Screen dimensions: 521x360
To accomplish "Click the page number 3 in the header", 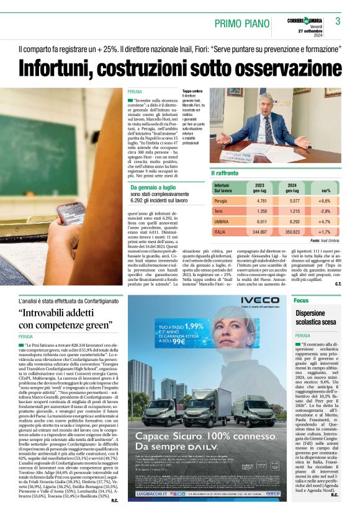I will (338, 21).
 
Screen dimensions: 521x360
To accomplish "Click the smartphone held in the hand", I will (71, 213).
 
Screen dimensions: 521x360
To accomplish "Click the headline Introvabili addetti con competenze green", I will (65, 319).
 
